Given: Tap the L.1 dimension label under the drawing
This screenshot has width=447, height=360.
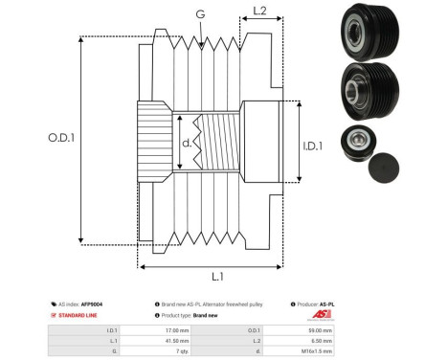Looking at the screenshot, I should (217, 277).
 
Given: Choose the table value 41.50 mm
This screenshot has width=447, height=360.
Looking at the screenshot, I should (177, 339).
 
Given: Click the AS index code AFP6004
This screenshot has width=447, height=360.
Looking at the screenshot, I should (91, 303).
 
